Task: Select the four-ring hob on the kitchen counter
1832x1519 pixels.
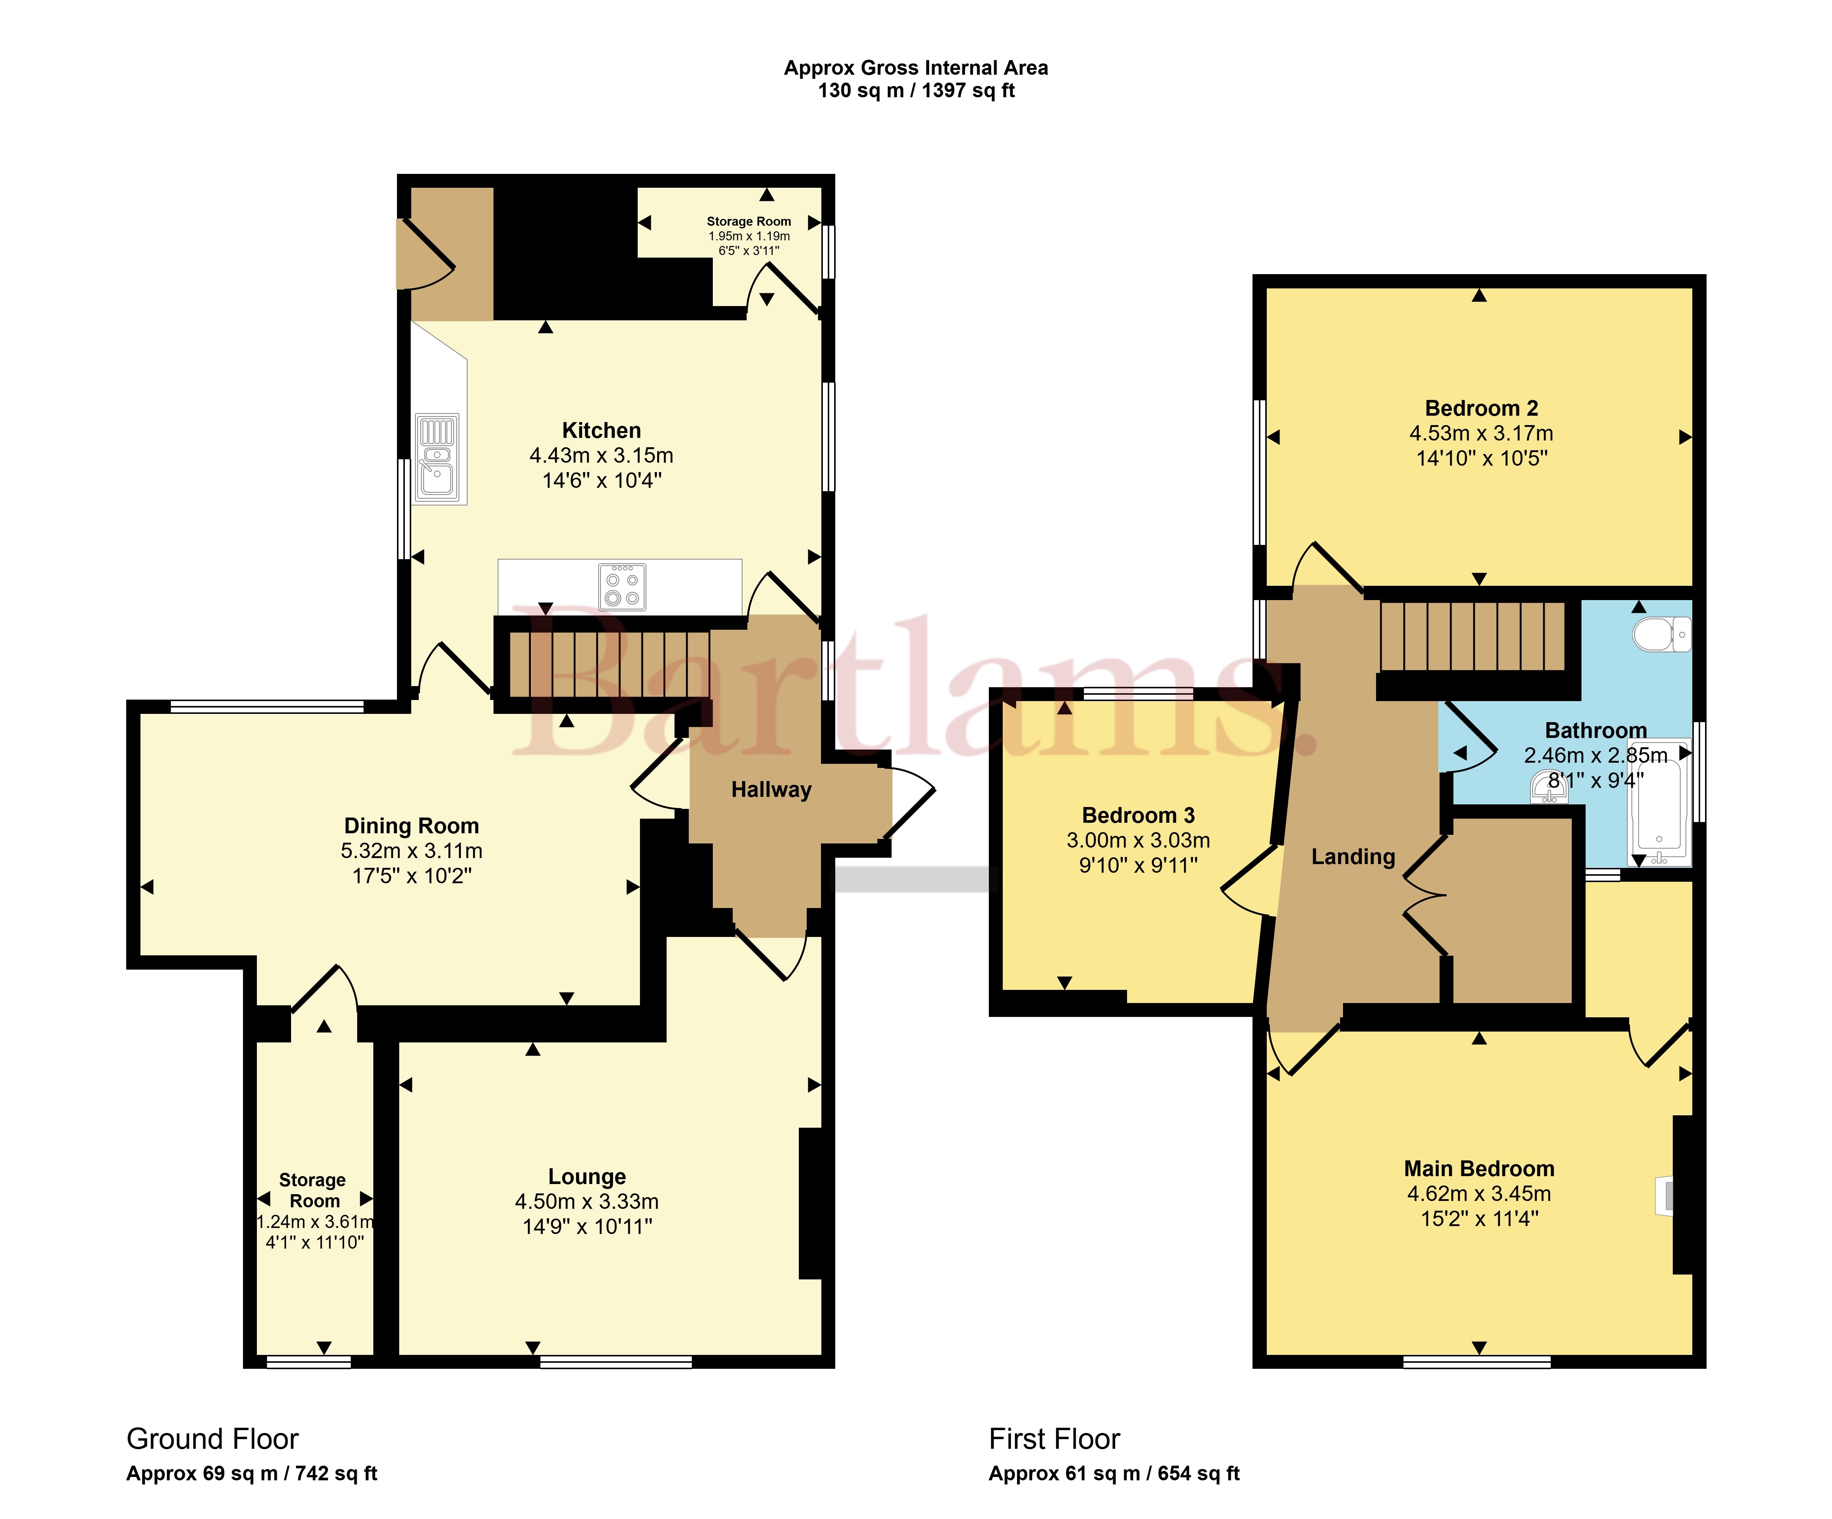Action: [x=622, y=586]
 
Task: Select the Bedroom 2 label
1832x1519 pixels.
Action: [x=1481, y=408]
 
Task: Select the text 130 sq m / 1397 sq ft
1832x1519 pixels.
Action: [x=916, y=91]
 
